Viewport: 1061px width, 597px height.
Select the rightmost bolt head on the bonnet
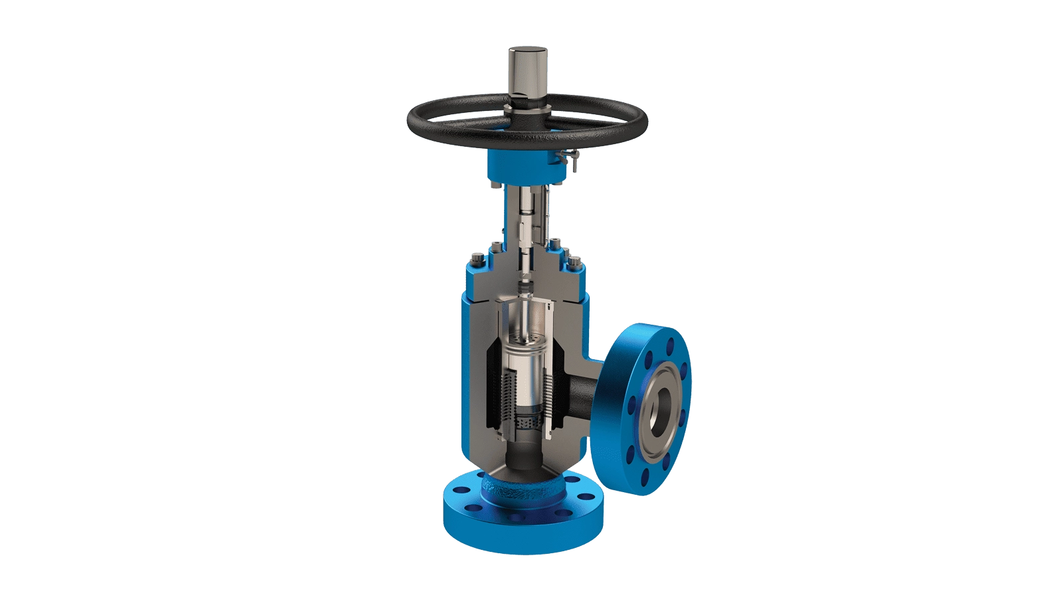[575, 268]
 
